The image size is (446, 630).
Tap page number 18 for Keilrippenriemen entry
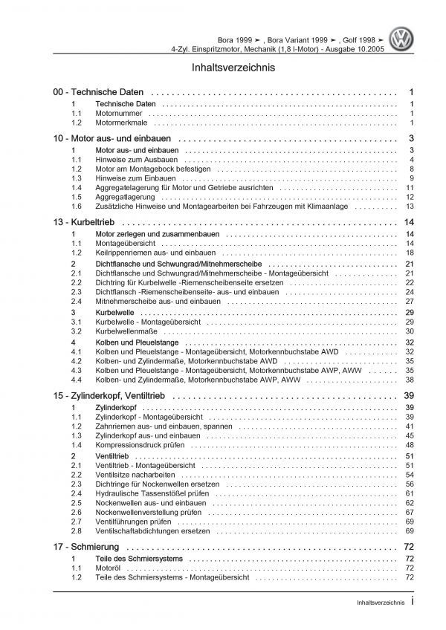410,253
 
